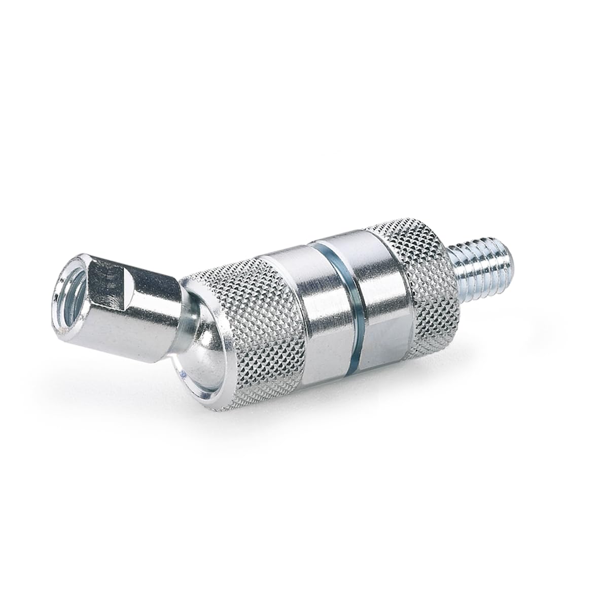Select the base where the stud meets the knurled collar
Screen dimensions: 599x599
tap(454, 264)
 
